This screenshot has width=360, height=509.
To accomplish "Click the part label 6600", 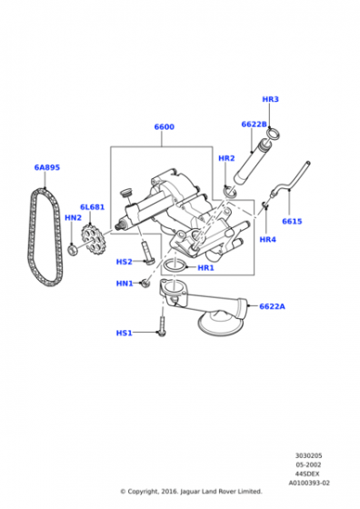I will pos(164,128).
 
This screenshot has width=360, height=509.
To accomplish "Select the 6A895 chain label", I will pos(47,167).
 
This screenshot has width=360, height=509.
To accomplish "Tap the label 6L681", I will pos(92,207).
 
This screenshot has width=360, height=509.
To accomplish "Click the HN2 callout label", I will pos(73,218).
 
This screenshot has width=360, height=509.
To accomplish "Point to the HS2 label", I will pos(125,262).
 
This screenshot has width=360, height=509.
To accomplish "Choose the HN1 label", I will pos(125,284).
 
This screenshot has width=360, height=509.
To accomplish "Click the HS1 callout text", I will pos(125,333).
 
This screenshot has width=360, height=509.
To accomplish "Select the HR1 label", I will pos(205,268).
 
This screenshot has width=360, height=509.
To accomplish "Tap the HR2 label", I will pos(226,158).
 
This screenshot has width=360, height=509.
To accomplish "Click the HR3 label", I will pos(270,99).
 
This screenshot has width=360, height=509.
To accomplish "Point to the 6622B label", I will pos(254,125).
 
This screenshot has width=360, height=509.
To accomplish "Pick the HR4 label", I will pos(266,240).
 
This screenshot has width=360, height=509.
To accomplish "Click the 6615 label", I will pos(292,221).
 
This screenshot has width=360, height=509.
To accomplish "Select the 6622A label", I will pos(271,306).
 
